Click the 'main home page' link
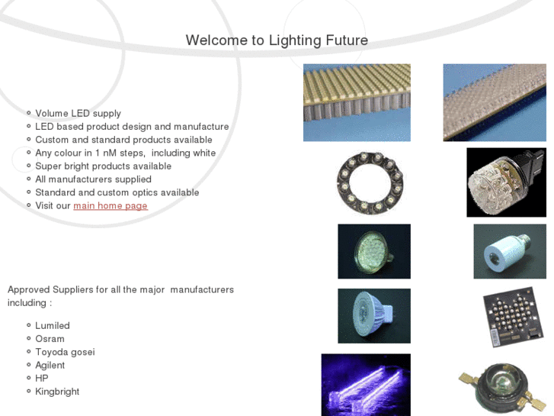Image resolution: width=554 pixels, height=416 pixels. click(110, 205)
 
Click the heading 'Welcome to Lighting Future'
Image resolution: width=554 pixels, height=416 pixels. click(277, 40)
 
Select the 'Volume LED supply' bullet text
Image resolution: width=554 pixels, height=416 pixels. click(78, 113)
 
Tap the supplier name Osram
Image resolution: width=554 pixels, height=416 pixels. click(50, 339)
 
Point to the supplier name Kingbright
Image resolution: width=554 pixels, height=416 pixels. click(57, 392)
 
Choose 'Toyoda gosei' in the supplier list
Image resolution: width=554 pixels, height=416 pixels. click(65, 352)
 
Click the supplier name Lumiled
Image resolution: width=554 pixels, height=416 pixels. click(53, 326)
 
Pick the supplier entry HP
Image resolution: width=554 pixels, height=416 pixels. click(42, 378)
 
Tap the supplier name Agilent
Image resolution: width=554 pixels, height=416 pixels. click(50, 365)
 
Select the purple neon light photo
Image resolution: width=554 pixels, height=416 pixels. click(366, 385)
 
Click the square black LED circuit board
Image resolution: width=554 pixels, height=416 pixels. click(513, 317)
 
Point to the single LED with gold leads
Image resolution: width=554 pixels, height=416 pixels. click(502, 389)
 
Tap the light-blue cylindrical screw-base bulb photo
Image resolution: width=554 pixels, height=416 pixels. click(510, 251)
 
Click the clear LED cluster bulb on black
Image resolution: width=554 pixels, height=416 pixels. click(506, 182)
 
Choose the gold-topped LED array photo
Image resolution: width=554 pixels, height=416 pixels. click(357, 103)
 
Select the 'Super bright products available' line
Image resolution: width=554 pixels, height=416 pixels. click(103, 166)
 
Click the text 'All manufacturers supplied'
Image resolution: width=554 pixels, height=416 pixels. click(93, 179)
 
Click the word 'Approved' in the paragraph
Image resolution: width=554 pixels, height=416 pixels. click(29, 289)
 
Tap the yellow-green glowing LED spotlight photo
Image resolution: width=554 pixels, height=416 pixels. click(374, 251)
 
